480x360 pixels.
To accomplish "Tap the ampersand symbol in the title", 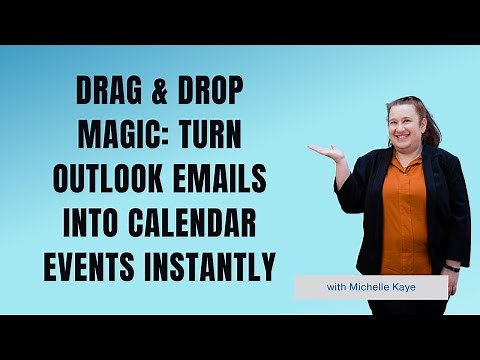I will coord(158,94).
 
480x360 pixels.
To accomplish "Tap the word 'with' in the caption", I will coord(337,288).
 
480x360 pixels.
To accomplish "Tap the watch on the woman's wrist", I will coord(453,269).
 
